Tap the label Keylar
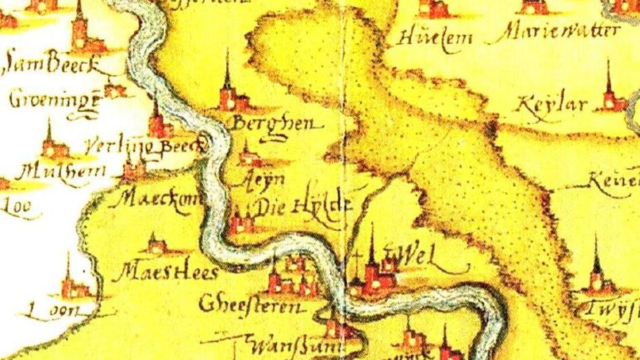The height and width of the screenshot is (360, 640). (x=552, y=103)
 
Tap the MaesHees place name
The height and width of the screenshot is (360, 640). (x=168, y=274)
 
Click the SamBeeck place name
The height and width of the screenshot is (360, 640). (x=51, y=67)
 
